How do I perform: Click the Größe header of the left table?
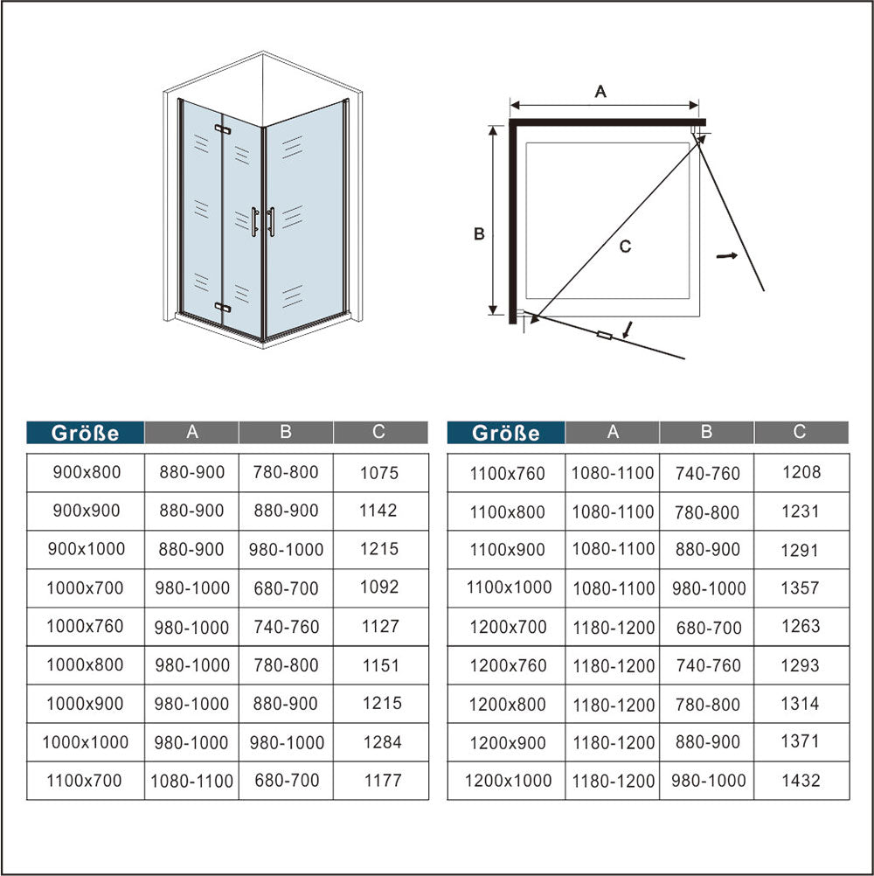point(85,433)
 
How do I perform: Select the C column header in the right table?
point(801,432)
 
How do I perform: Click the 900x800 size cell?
point(87,473)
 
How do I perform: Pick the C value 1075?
point(379,473)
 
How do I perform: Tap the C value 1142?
point(378,511)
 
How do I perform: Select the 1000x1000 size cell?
point(86,742)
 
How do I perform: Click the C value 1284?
point(383,742)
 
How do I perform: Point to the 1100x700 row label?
point(84,781)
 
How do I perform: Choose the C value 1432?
point(801,781)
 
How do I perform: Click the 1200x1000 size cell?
point(508,781)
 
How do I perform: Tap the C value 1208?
point(801,473)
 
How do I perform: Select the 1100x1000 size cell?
point(510,587)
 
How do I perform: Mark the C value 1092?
point(379,587)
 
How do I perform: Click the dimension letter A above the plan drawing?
point(600,91)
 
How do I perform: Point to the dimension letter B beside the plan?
point(479,233)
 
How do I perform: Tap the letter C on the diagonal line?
point(625,246)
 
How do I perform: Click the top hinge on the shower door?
point(222,129)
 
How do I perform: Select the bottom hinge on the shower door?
point(222,307)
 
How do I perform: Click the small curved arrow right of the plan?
point(726,256)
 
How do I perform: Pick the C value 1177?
point(383,781)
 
